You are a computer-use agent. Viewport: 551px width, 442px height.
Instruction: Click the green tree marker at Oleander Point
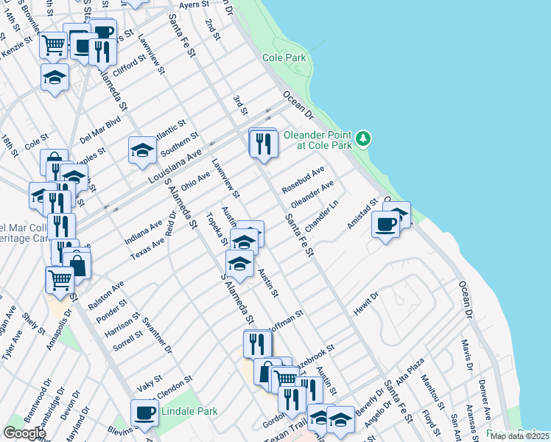click(362, 138)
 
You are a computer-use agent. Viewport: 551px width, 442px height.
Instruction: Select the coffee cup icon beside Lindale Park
click(144, 413)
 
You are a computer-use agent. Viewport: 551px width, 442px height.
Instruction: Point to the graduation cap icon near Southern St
click(142, 150)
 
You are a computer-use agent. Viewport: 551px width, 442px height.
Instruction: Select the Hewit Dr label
click(365, 304)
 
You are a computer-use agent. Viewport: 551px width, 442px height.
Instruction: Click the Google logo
click(24, 432)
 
